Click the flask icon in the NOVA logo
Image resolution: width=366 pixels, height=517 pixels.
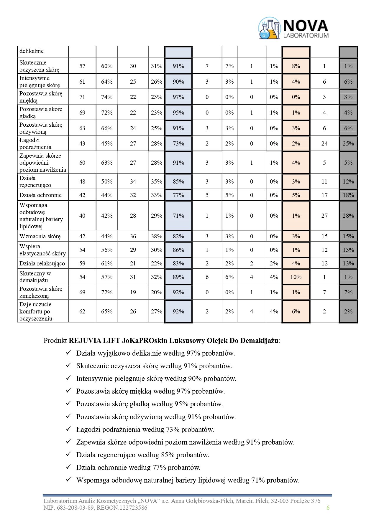269,29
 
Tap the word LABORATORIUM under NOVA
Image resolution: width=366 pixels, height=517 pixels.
306,36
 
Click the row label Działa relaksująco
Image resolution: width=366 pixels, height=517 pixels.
42,263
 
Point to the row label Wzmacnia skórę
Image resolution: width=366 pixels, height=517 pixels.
40,236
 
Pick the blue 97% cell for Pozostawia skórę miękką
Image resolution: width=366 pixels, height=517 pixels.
178,97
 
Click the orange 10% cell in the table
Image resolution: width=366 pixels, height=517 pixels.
296,277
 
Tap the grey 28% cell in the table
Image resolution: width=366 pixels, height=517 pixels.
348,216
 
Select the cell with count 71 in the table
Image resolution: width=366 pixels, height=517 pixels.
82,97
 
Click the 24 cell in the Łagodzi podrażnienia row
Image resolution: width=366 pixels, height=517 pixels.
324,143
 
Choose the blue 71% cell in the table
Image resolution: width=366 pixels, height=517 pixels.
178,216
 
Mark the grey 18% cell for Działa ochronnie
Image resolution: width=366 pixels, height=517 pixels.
348,195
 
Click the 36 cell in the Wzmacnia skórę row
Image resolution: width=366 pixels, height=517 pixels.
133,236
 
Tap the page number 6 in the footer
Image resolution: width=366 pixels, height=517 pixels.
328,508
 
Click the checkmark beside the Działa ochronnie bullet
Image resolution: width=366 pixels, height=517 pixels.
69,467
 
